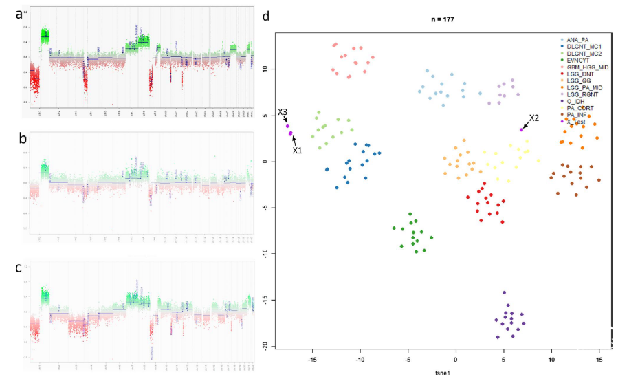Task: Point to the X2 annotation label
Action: point(533,118)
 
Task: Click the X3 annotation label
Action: point(283,112)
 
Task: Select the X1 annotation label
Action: point(297,149)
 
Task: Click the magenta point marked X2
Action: point(522,129)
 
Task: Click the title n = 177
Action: point(438,19)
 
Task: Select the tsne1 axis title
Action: point(438,373)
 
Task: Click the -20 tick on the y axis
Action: point(263,346)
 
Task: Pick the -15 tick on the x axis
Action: point(312,360)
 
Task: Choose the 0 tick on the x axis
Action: point(456,360)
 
